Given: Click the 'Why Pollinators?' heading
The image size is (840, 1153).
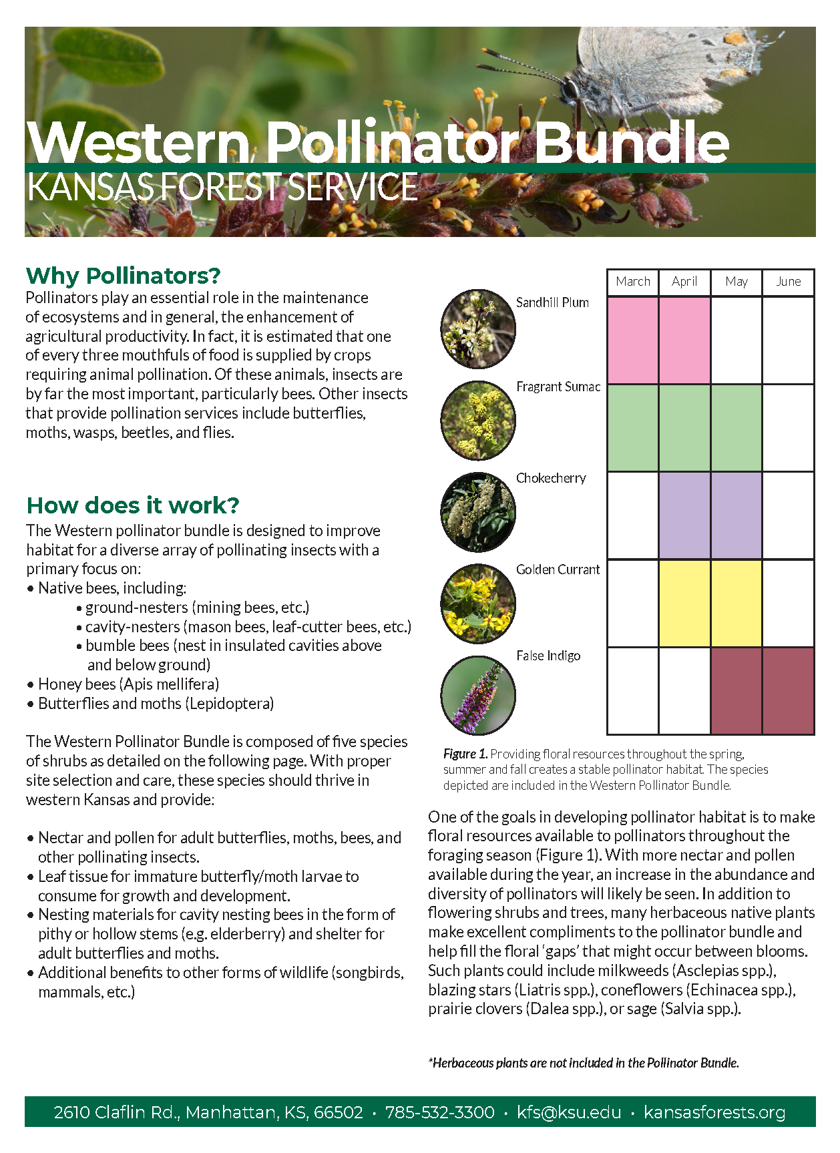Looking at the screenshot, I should coord(123,276).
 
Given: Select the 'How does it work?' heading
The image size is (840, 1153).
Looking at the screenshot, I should coord(132,505).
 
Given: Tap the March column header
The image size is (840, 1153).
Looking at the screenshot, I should coord(633,282).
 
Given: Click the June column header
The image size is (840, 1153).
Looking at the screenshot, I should coord(788,282).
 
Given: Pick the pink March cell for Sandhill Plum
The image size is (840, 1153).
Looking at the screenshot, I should coord(633,340).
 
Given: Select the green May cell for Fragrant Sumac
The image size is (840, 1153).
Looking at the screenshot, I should coord(737,428).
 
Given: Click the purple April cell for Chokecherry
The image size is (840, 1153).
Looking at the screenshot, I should coord(684,515).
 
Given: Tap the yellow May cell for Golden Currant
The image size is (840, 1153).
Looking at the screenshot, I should coord(737,604).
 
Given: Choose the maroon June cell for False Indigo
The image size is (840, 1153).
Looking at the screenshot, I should coord(788,691).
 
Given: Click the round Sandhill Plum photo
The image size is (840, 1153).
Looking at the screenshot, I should coord(478,328).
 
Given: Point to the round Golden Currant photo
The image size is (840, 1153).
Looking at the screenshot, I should coord(478,604).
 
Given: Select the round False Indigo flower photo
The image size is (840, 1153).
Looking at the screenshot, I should coord(478,695).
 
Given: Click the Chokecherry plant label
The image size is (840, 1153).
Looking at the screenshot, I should coord(551,478).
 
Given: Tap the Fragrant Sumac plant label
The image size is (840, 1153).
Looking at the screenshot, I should coord(558,387).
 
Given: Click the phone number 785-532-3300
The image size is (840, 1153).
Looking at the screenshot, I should coord(439,1112).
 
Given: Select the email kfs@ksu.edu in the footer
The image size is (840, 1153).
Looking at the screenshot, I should coord(569,1112).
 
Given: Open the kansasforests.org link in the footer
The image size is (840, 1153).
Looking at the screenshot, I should coord(714,1112).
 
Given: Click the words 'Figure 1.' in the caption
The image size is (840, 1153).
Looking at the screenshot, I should coord(465,754).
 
